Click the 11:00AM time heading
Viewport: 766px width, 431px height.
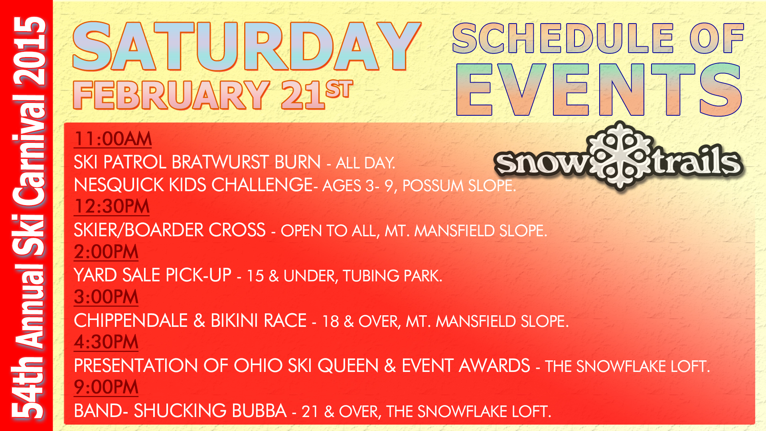(113, 139)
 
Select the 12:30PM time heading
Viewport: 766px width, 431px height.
(112, 206)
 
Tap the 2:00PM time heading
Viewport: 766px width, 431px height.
(106, 252)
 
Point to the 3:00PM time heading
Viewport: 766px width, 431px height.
(106, 297)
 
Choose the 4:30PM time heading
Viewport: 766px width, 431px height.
(106, 342)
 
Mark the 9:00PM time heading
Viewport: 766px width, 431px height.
(106, 387)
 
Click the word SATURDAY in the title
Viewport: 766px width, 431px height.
(247, 46)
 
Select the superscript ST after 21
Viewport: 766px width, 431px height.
(339, 89)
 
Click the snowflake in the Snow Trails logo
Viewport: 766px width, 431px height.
(620, 156)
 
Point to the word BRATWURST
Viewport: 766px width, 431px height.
(246, 162)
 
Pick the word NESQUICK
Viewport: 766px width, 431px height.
(118, 185)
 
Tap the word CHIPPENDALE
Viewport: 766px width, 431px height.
(131, 320)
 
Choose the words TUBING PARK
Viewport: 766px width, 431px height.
(392, 276)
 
